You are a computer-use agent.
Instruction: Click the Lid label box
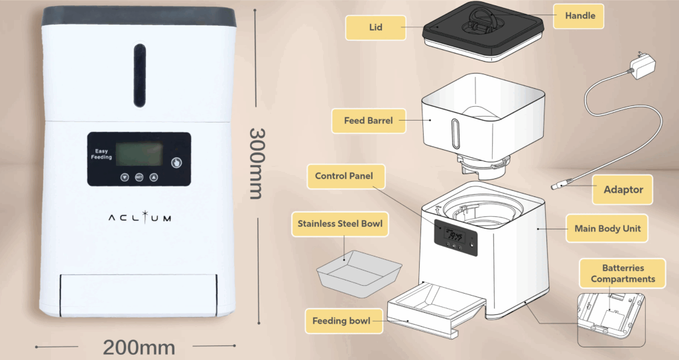[375, 28]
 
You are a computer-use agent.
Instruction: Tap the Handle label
[578, 16]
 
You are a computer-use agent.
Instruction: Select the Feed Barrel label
[369, 121]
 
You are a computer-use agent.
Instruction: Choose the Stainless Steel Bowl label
[340, 224]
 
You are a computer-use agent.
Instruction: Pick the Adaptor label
[622, 190]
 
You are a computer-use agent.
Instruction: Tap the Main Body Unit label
[607, 228]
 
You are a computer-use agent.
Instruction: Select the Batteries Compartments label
[623, 273]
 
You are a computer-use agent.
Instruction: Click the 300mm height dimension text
[257, 164]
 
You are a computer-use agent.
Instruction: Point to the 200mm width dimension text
[139, 347]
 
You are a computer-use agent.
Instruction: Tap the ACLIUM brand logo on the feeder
[139, 217]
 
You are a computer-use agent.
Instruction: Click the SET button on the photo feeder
[139, 177]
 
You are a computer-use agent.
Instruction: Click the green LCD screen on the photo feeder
[139, 154]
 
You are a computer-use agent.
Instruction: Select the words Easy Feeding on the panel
[101, 154]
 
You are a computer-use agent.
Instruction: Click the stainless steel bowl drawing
[359, 273]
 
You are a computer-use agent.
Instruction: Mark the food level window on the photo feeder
[139, 76]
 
